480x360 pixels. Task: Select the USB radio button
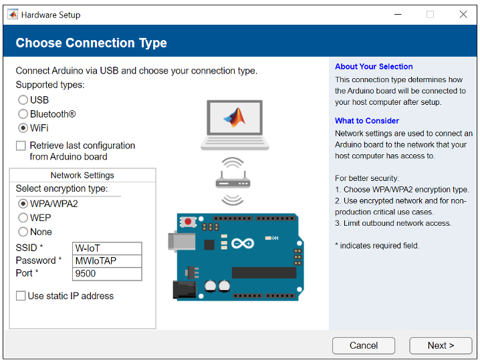coord(23,100)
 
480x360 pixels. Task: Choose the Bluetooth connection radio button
coord(23,114)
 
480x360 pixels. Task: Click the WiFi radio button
coord(23,128)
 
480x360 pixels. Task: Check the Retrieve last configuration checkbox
coord(21,146)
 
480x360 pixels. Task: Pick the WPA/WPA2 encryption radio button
coord(23,204)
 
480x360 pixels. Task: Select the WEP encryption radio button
coord(23,218)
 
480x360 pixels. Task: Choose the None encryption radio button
coord(23,232)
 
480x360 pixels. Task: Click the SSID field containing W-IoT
coord(107,248)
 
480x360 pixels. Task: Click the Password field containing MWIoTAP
coord(107,261)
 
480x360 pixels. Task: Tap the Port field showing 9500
coord(107,274)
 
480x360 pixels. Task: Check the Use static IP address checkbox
coord(21,296)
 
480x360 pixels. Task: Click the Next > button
coord(441,345)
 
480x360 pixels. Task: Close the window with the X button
coord(463,14)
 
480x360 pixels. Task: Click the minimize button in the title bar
coord(398,14)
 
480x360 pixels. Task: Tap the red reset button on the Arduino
coord(188,222)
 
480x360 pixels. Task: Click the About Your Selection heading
coord(374,67)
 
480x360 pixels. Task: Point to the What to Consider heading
coord(367,121)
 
